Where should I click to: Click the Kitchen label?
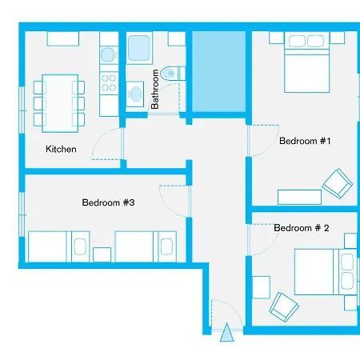tap(61, 149)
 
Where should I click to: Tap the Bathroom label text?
tap(155, 91)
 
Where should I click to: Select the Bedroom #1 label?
tap(305, 141)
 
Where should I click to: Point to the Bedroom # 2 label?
tap(302, 228)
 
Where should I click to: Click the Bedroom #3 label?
tap(107, 202)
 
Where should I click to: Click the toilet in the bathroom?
tap(170, 74)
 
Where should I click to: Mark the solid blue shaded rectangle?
tap(218, 73)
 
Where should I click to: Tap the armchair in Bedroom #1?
tap(335, 183)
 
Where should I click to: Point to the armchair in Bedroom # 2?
tap(283, 305)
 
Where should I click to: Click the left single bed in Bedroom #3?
tap(57, 246)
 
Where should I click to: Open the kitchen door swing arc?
tap(106, 146)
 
